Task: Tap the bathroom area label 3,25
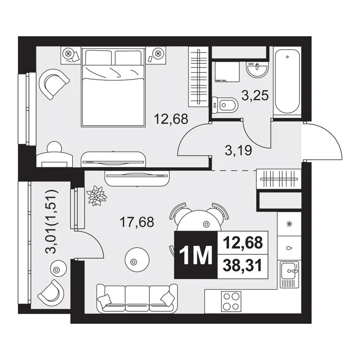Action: pyautogui.click(x=255, y=97)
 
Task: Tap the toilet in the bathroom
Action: pyautogui.click(x=225, y=105)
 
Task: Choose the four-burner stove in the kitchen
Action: pyautogui.click(x=230, y=301)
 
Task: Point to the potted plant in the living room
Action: pyautogui.click(x=97, y=195)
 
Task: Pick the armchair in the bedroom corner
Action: pyautogui.click(x=55, y=83)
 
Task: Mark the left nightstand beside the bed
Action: pyautogui.click(x=70, y=55)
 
